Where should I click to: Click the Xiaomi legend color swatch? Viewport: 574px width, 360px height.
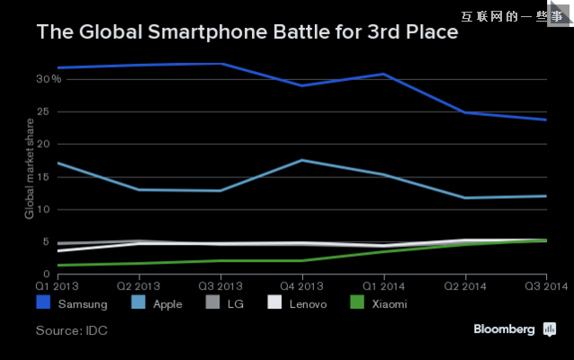pos(356,303)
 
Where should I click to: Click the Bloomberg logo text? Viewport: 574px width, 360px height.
pos(505,329)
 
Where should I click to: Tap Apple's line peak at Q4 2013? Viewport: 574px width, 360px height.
pos(302,160)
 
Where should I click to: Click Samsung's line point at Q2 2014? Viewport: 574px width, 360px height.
pos(465,112)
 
